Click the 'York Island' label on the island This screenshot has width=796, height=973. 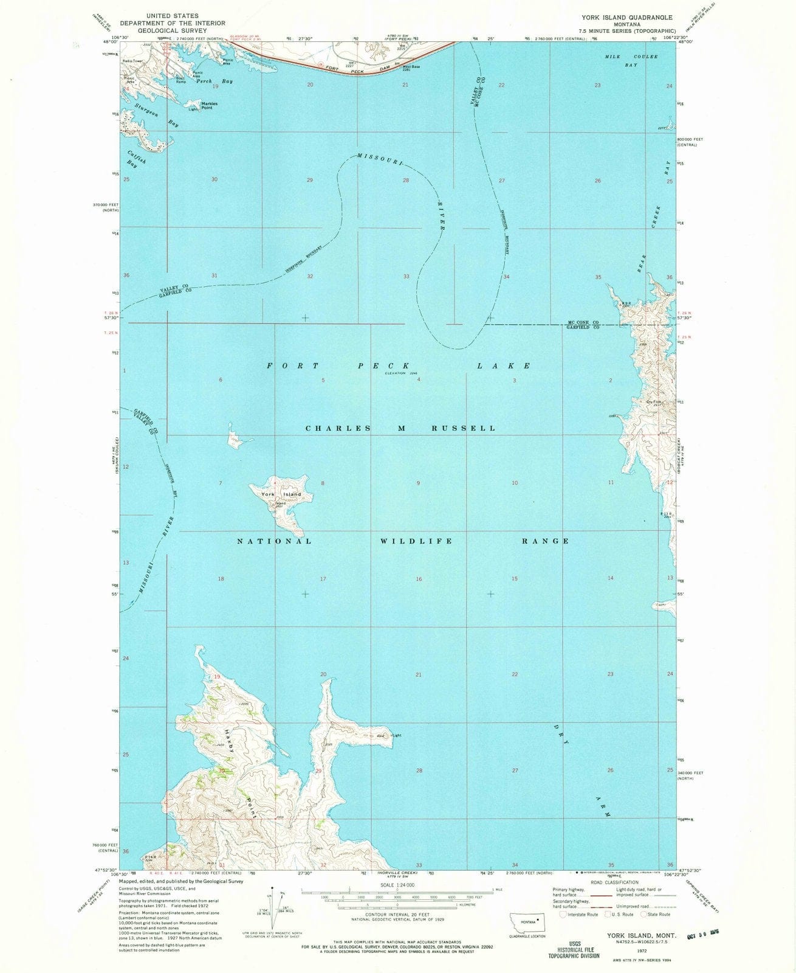click(x=281, y=494)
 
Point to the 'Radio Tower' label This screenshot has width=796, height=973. click(x=132, y=61)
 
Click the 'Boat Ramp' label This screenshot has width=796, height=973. click(x=180, y=80)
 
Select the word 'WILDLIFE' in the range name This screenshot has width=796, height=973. click(x=416, y=541)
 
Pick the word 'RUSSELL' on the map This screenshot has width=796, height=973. click(x=464, y=428)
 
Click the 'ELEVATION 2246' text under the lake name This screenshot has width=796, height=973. click(x=403, y=373)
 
